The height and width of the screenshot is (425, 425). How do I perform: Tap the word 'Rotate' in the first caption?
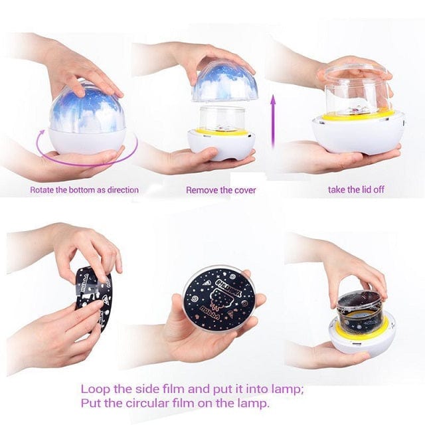click(x=43, y=190)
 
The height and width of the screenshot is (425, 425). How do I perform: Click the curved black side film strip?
click(x=92, y=296)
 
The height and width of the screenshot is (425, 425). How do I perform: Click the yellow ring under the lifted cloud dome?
click(x=223, y=131)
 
